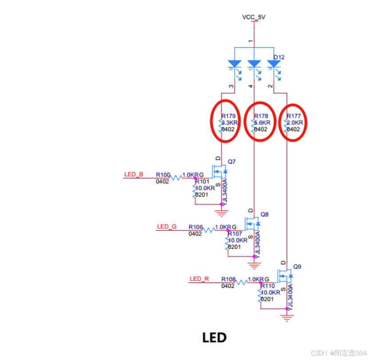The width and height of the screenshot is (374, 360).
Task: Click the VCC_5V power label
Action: pyautogui.click(x=254, y=17)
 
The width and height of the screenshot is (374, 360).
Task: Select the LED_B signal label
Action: pyautogui.click(x=133, y=174)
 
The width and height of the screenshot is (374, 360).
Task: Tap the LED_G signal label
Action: pyautogui.click(x=167, y=227)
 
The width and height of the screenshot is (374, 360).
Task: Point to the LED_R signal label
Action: pyautogui.click(x=199, y=279)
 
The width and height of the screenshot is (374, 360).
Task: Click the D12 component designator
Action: pyautogui.click(x=279, y=57)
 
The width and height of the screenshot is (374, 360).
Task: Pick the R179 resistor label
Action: pyautogui.click(x=229, y=116)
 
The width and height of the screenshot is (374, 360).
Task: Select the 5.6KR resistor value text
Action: pyautogui.click(x=261, y=123)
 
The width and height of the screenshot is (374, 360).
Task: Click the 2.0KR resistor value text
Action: pyautogui.click(x=295, y=123)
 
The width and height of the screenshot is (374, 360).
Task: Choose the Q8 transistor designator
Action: pyautogui.click(x=265, y=214)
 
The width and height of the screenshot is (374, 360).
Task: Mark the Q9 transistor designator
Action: pyautogui.click(x=297, y=267)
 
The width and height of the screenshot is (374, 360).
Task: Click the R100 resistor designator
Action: pyautogui.click(x=163, y=175)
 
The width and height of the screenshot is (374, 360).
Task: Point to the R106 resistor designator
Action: pyautogui.click(x=196, y=227)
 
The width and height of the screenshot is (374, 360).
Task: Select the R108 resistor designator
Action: pyautogui.click(x=229, y=279)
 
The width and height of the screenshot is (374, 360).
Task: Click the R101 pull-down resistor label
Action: pyautogui.click(x=202, y=182)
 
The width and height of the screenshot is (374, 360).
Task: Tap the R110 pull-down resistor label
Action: pyautogui.click(x=268, y=286)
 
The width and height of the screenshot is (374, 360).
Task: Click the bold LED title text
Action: pyautogui.click(x=214, y=337)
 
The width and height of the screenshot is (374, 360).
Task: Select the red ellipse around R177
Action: pyautogui.click(x=294, y=122)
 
